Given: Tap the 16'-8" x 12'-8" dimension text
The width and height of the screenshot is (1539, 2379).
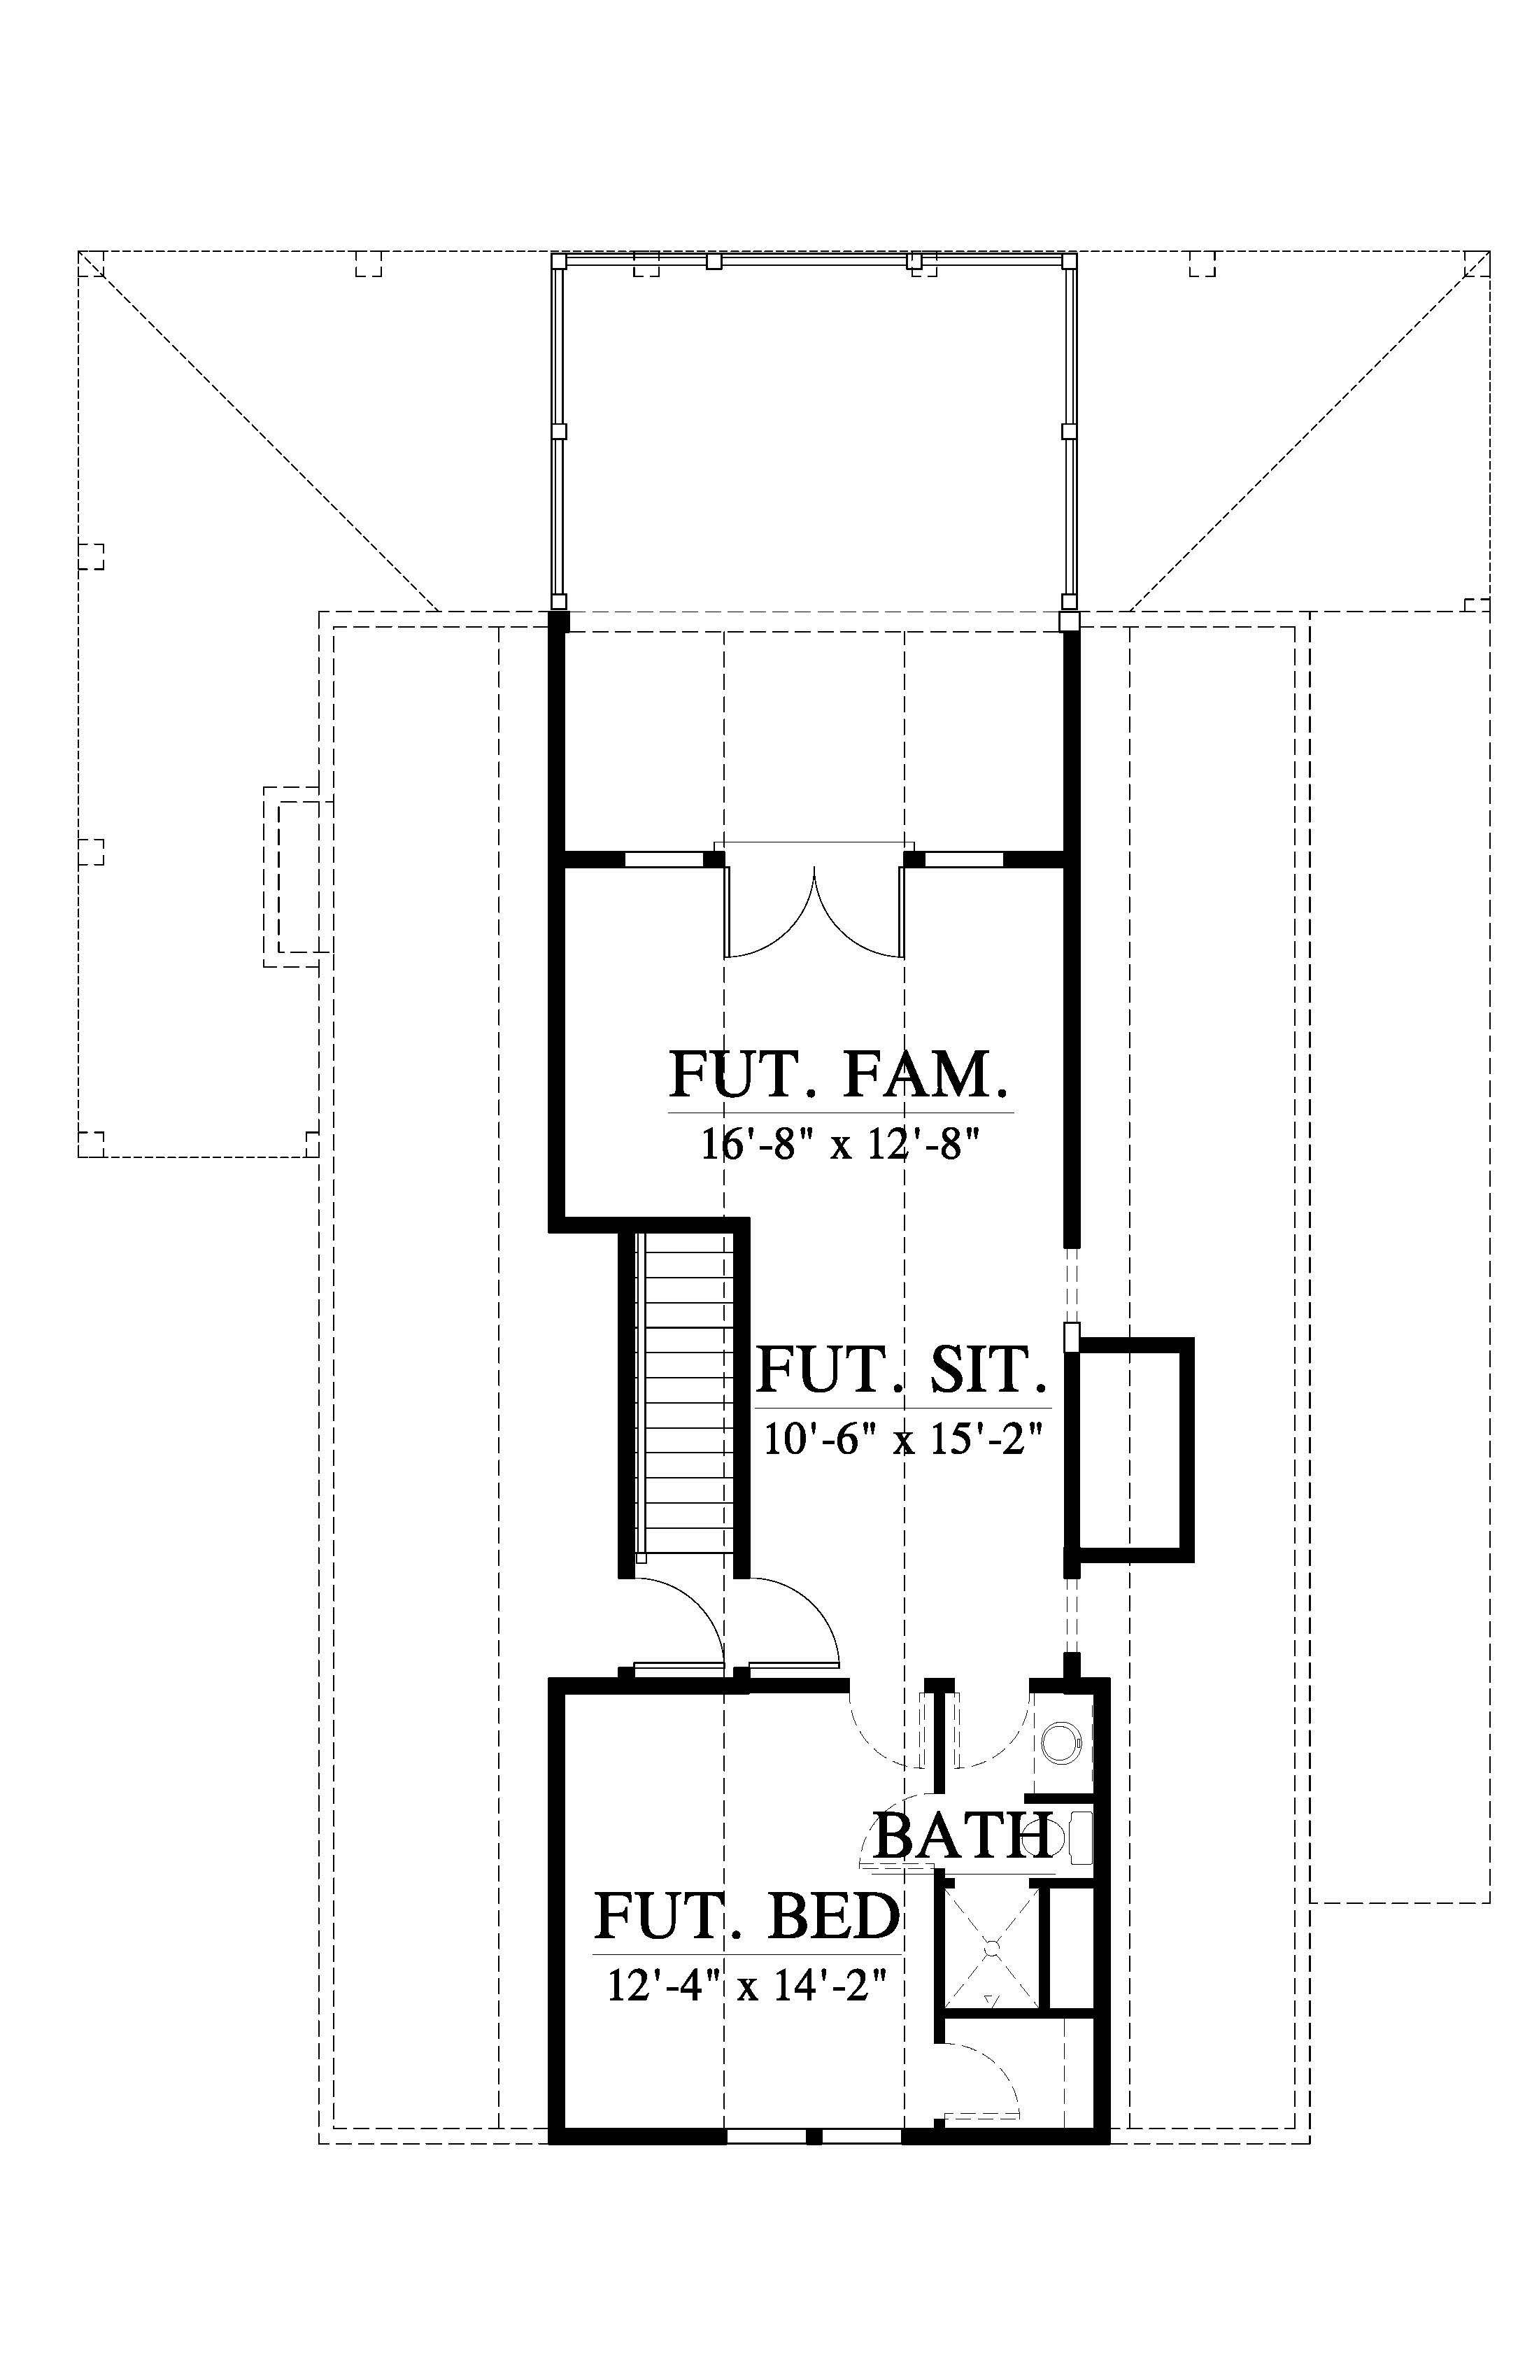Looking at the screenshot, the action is [837, 1145].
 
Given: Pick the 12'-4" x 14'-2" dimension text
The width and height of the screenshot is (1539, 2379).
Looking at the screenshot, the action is [748, 1985].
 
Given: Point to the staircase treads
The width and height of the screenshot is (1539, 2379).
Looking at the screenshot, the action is [688, 1397].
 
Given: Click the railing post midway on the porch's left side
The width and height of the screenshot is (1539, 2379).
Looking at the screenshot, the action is [560, 431].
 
